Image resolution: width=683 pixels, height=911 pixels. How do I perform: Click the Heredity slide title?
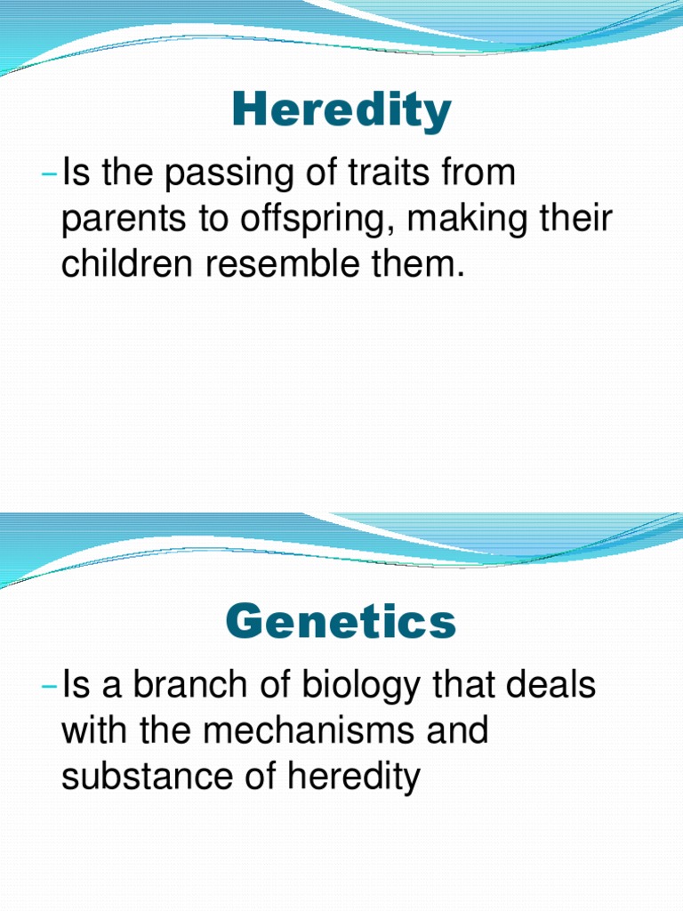[341, 113]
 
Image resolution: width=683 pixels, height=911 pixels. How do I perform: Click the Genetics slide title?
[341, 622]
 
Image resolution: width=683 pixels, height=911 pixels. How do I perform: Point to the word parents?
[119, 220]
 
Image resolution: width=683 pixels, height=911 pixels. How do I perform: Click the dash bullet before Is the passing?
[49, 174]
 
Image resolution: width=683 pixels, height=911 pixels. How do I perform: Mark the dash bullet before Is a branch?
[49, 688]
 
